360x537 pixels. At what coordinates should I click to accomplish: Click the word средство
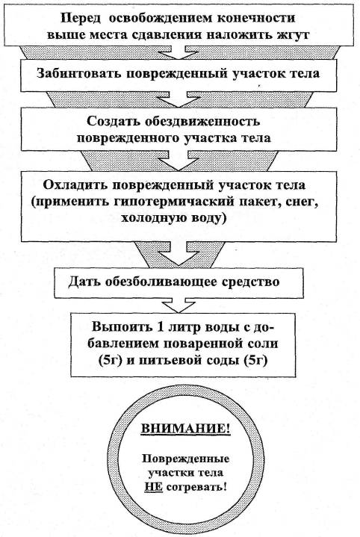(x=254, y=282)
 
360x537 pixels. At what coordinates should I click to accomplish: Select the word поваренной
(x=203, y=344)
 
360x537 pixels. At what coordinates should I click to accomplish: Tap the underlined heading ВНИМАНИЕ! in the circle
(x=185, y=429)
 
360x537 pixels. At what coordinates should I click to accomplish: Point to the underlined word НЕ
(x=153, y=486)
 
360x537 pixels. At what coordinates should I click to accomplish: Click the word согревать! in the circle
(x=196, y=487)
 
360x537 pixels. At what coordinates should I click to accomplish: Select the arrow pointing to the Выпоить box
(x=179, y=305)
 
